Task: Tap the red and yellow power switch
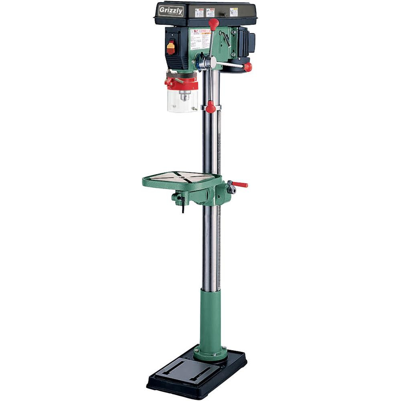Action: point(171,48)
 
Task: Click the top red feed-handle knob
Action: point(214,24)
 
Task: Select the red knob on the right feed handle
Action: point(248,67)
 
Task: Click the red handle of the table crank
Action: point(241,184)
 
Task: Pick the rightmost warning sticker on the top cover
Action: point(234,12)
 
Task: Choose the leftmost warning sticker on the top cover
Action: point(199,12)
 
